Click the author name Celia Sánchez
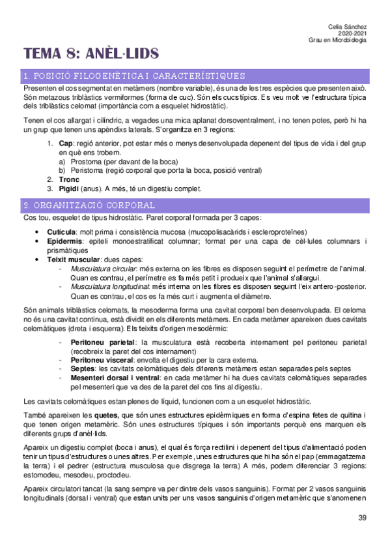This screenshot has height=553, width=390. (x=348, y=25)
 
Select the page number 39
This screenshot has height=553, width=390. (x=362, y=518)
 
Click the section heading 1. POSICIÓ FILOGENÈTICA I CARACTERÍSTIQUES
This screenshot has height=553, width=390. (x=134, y=76)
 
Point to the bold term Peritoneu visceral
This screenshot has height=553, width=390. (x=104, y=360)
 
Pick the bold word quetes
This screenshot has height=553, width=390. (x=107, y=414)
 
